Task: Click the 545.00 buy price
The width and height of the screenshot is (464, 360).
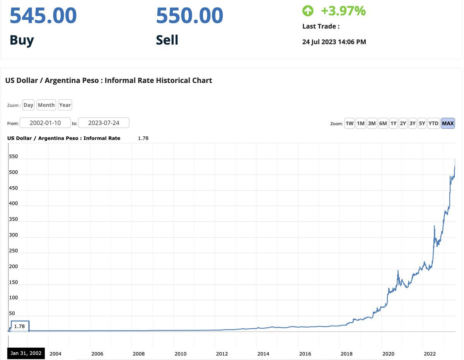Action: click(43, 16)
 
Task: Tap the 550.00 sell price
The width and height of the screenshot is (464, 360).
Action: click(189, 16)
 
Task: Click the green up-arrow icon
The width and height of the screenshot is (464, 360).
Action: click(308, 11)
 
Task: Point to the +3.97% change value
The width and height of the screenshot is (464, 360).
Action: click(343, 11)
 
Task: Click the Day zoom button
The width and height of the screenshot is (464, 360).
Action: click(28, 105)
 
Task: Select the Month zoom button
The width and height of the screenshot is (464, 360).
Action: click(46, 105)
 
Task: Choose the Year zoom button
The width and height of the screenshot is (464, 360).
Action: click(65, 105)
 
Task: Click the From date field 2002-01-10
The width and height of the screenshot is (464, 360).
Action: click(45, 123)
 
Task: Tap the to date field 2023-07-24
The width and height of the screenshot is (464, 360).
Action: click(104, 123)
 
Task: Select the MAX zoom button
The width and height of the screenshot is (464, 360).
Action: click(448, 123)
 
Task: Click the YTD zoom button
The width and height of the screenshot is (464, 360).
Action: click(433, 123)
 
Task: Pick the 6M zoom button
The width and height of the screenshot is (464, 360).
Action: click(383, 123)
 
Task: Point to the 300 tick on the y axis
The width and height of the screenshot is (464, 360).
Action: click(13, 235)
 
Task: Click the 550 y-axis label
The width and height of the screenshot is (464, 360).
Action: click(13, 157)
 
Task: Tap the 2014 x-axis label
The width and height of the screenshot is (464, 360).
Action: click(263, 353)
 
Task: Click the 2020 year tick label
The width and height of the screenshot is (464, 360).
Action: click(388, 353)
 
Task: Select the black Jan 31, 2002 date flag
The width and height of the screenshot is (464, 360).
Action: click(26, 353)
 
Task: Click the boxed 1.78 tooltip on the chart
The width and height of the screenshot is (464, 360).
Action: click(20, 326)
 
